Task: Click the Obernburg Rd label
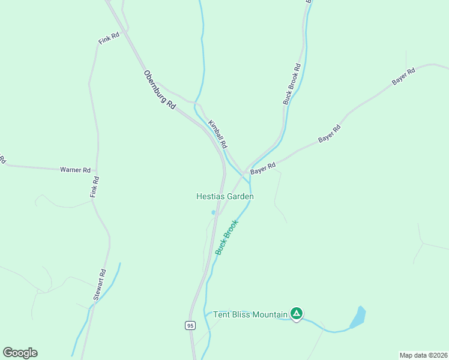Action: pos(159,89)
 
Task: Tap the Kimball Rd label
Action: pos(218,134)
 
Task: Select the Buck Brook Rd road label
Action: pos(292,85)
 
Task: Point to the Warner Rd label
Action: pos(75,170)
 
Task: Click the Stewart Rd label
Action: pos(100,285)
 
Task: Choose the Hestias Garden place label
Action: pos(225,196)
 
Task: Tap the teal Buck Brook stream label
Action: pos(227,237)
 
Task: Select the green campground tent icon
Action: pos(296,313)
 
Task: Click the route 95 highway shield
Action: pos(190,325)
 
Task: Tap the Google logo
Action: pos(20,353)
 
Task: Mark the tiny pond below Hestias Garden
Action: pos(213,212)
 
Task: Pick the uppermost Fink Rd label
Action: pos(109,38)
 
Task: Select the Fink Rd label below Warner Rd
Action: pos(94,187)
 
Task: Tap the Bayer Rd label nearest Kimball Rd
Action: pos(263,169)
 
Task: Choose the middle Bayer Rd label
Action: pos(330,133)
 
